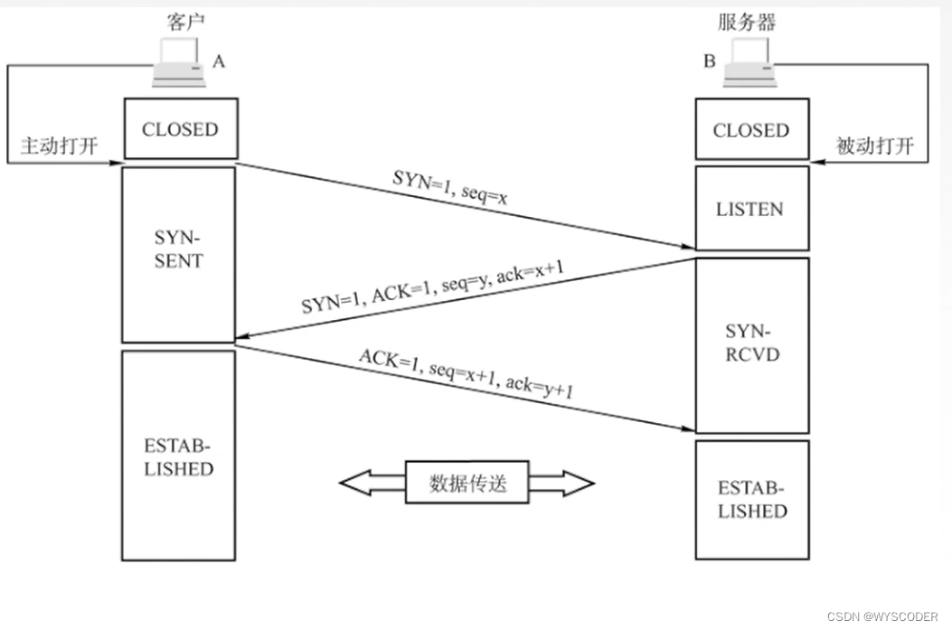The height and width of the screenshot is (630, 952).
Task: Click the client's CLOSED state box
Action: click(x=180, y=129)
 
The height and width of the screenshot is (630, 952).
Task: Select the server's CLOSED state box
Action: click(x=750, y=130)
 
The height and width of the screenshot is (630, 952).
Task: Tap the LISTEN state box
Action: click(x=750, y=209)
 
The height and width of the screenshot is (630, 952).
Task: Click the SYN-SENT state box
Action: click(x=179, y=254)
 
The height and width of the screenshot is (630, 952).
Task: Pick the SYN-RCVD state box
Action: click(x=750, y=344)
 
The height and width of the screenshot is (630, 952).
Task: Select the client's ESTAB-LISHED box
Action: click(x=179, y=456)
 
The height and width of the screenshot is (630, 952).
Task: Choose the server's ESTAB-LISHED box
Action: click(x=750, y=500)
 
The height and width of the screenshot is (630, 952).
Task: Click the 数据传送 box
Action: click(x=467, y=484)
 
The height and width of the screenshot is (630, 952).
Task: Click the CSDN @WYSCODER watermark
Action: click(x=887, y=616)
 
